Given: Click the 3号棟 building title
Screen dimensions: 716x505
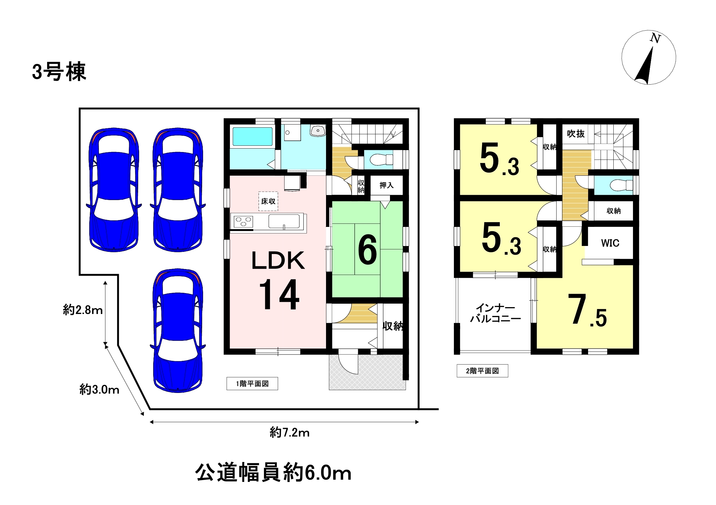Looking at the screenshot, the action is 59,71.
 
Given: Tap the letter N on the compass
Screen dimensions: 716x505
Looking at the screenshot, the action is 655,38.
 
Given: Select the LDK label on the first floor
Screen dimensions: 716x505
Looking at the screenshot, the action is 278,261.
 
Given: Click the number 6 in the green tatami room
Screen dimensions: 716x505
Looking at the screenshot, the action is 367,250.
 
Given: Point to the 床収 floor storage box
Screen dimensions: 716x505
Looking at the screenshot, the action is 268,201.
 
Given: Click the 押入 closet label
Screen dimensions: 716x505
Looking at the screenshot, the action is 386,185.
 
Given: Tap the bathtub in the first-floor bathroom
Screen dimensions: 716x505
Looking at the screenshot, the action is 252,137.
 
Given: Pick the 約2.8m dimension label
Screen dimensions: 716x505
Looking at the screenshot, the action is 83,310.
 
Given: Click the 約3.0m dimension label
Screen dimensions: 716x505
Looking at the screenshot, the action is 99,390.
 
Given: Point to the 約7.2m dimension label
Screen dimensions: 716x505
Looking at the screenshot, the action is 290,433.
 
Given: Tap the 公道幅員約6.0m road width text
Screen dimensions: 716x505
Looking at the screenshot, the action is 273,473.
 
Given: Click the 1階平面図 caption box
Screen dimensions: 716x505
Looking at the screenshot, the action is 252,384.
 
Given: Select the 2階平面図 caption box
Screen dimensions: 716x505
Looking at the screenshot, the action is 482,371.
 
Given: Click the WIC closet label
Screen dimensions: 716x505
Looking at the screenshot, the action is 610,243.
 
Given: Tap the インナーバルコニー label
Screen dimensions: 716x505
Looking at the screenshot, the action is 495,313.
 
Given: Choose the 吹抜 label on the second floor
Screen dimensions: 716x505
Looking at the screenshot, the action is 576,134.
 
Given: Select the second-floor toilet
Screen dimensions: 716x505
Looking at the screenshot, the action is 621,185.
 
